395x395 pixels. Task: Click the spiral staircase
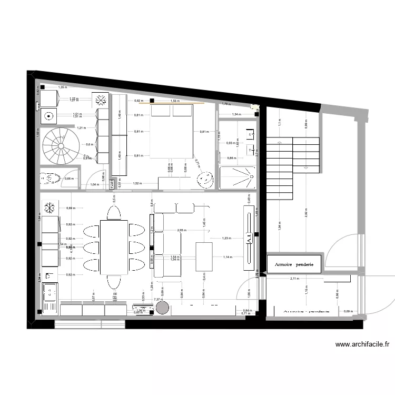click(60, 146)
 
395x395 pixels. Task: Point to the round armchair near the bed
click(204, 179)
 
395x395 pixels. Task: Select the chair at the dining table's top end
click(114, 212)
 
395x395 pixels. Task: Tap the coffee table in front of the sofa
click(204, 256)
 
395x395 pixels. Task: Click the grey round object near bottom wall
click(161, 308)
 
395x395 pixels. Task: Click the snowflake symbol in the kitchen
click(50, 208)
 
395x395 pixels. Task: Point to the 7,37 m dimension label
click(157, 299)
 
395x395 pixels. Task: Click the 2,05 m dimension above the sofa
click(182, 231)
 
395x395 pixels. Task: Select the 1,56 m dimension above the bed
click(174, 101)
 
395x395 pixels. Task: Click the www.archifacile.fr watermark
click(363, 345)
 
